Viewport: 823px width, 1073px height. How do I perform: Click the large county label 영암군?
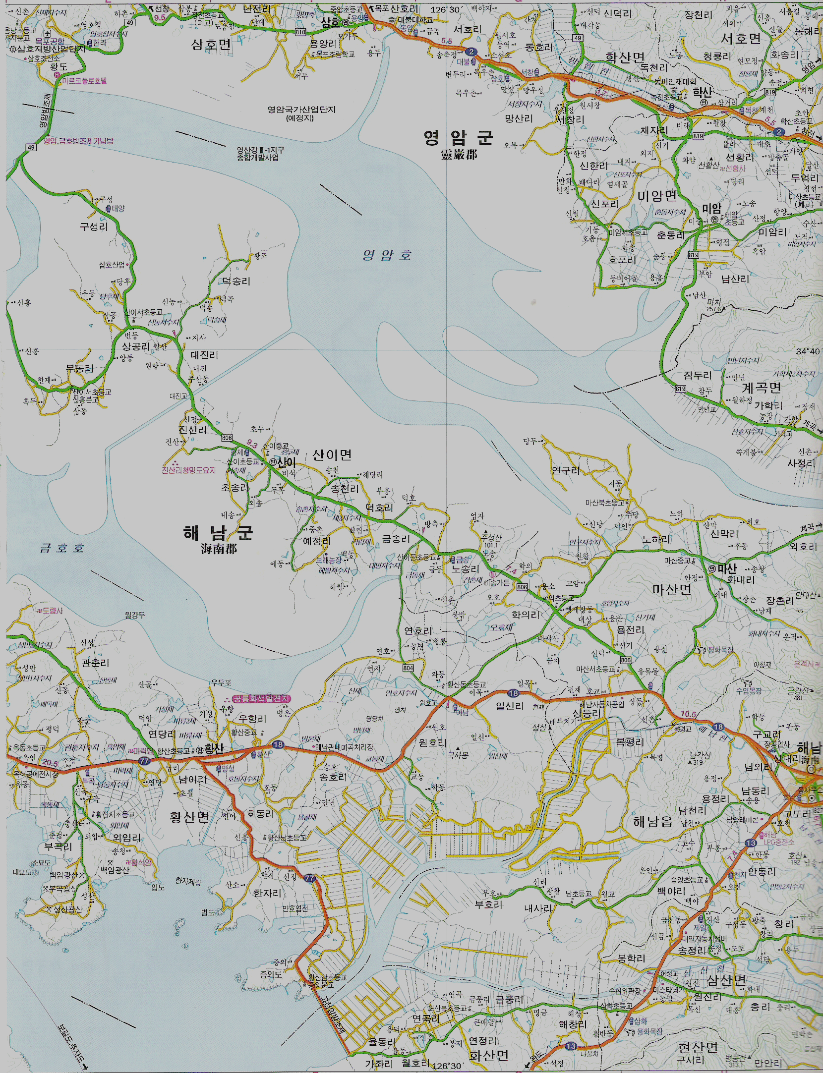click(x=458, y=137)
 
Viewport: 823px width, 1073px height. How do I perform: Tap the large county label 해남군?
click(x=218, y=533)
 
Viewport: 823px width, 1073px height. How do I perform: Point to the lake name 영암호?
click(x=387, y=255)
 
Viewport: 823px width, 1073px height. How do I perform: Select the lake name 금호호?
click(x=62, y=548)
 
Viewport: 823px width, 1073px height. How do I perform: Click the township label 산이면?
click(x=332, y=454)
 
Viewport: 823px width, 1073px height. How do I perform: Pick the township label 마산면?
click(x=671, y=589)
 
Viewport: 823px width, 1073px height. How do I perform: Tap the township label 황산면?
click(x=189, y=817)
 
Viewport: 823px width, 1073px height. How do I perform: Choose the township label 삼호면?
click(x=211, y=45)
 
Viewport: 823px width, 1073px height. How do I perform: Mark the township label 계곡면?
click(x=761, y=388)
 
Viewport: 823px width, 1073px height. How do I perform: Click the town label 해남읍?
click(x=652, y=822)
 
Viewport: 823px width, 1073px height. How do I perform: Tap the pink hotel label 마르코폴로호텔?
click(x=84, y=81)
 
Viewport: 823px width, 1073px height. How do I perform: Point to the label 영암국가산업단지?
click(x=301, y=110)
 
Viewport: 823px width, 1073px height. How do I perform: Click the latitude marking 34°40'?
click(x=807, y=351)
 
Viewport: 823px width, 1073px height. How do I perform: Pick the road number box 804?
click(x=408, y=668)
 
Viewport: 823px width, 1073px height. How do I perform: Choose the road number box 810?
click(x=300, y=32)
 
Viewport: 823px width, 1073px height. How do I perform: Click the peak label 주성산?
click(x=491, y=537)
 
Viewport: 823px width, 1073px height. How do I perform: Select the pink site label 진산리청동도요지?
click(x=188, y=470)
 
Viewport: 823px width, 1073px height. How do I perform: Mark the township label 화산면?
click(x=488, y=1055)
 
